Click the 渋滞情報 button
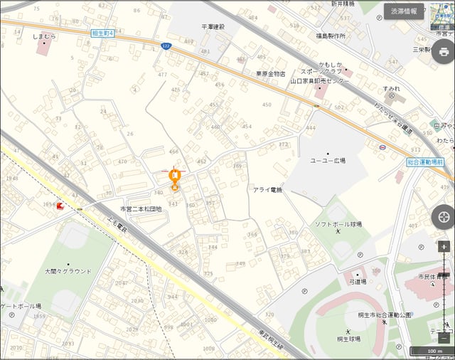click(403, 11)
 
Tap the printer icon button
click(444, 52)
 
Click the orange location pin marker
click(174, 179)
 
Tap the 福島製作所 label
click(331, 35)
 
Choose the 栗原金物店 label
click(270, 73)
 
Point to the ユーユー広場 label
click(328, 162)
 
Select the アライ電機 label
click(267, 190)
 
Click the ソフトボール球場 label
click(338, 224)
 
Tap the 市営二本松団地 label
click(141, 209)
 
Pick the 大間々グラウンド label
click(68, 271)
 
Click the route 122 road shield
click(166, 46)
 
